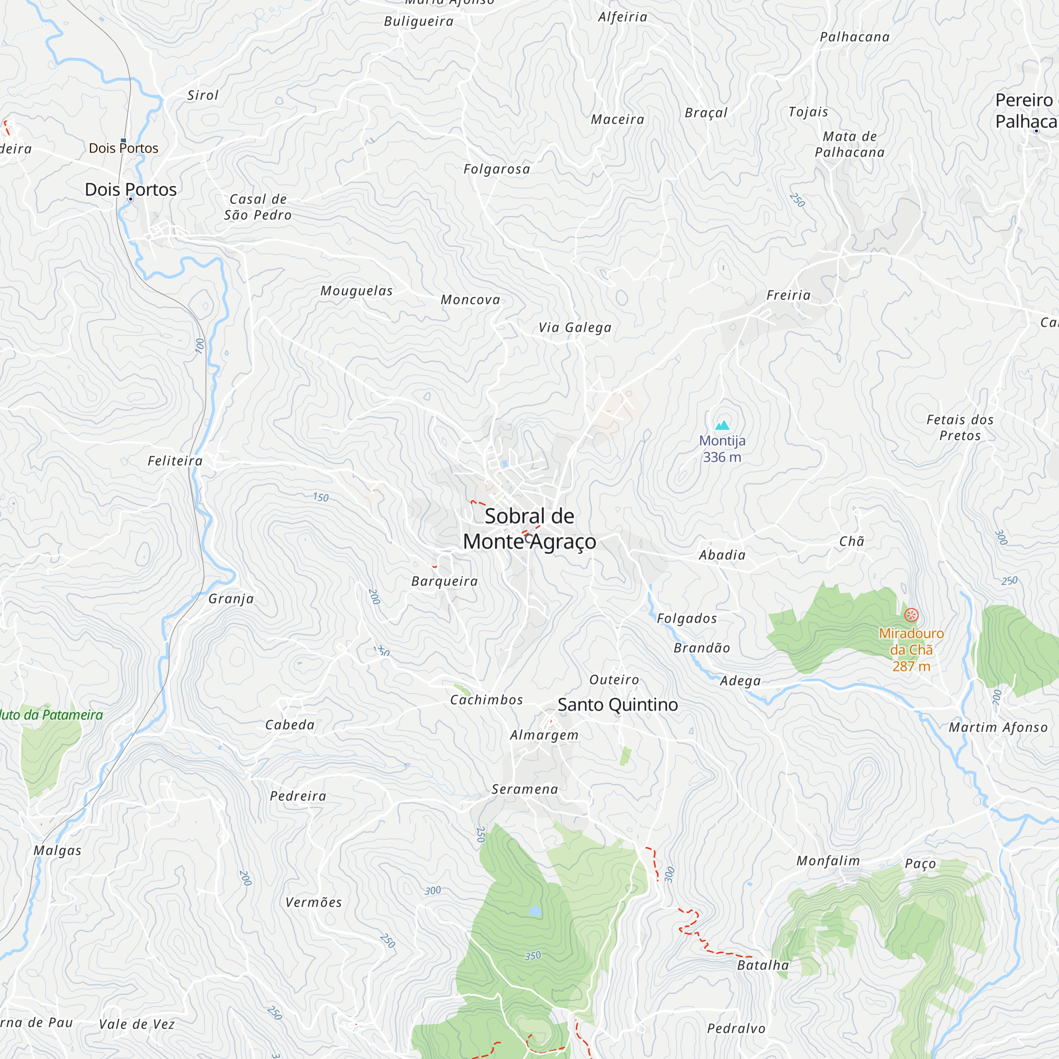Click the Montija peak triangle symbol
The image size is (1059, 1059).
pyautogui.click(x=722, y=425)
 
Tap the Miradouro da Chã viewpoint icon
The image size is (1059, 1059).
pyautogui.click(x=911, y=615)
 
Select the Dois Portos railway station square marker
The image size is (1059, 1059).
pyautogui.click(x=123, y=140)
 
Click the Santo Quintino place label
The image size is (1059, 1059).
pyautogui.click(x=617, y=704)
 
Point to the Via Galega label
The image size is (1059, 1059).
pyautogui.click(x=575, y=327)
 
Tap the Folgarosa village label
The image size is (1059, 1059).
pyautogui.click(x=497, y=169)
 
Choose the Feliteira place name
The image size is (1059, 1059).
pyautogui.click(x=175, y=461)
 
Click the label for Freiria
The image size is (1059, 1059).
pyautogui.click(x=788, y=295)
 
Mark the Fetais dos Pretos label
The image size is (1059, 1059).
pyautogui.click(x=960, y=427)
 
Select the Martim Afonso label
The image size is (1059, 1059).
pyautogui.click(x=998, y=728)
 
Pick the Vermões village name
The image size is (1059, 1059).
pyautogui.click(x=313, y=902)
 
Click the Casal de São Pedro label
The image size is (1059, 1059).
pyautogui.click(x=258, y=207)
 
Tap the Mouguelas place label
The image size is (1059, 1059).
pyautogui.click(x=356, y=291)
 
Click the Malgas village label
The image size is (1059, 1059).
pyautogui.click(x=58, y=850)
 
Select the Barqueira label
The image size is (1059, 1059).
pyautogui.click(x=445, y=581)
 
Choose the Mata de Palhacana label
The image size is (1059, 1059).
pyautogui.click(x=850, y=144)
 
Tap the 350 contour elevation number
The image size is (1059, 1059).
pyautogui.click(x=532, y=956)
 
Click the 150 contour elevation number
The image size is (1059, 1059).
pyautogui.click(x=321, y=497)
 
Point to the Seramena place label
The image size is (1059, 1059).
pyautogui.click(x=525, y=789)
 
